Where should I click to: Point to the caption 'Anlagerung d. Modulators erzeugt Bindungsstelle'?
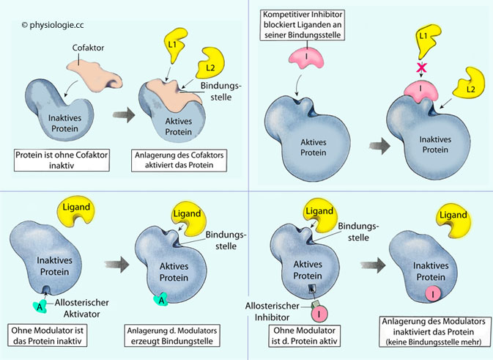[181, 337]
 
